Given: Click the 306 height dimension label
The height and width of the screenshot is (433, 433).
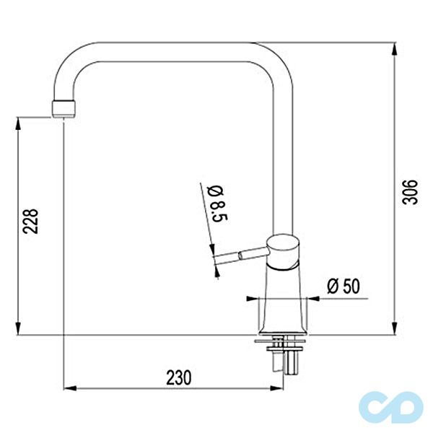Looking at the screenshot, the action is click(410, 192).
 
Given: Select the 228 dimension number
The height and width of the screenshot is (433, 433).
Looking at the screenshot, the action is click(30, 222).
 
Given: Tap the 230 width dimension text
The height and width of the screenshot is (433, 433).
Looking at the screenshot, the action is click(179, 377).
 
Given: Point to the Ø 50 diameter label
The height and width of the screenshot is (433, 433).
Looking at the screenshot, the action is click(344, 286).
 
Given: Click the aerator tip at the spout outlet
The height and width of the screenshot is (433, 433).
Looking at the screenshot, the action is click(64, 109).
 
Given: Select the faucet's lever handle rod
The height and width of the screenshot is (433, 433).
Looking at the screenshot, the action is click(241, 255).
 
